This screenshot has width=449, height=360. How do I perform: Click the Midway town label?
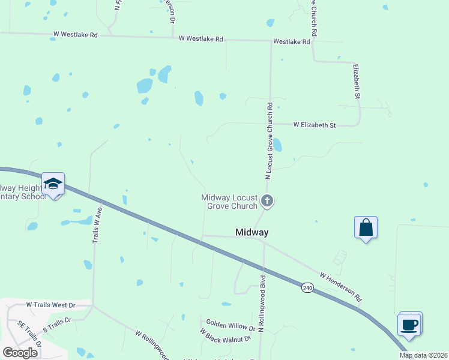(252, 232)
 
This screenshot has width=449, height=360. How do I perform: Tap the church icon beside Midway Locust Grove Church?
(268, 201)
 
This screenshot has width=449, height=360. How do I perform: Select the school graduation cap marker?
(53, 184)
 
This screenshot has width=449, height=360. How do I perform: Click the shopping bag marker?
(366, 227)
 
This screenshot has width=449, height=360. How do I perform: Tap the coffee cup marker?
(409, 325)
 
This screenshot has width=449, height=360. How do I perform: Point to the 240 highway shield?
(307, 288)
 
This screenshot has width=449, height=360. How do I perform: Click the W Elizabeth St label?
(315, 125)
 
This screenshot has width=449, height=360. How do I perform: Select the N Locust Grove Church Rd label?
(270, 140)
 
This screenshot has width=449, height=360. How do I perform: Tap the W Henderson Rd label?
(341, 287)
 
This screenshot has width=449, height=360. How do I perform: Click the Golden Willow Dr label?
(231, 326)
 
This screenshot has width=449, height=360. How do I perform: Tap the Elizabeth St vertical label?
(357, 81)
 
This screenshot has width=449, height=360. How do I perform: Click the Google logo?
(20, 352)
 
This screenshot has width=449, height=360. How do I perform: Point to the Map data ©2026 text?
(423, 355)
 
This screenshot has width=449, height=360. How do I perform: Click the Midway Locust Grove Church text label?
(229, 202)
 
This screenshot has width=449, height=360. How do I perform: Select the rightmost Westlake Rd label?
(291, 42)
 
